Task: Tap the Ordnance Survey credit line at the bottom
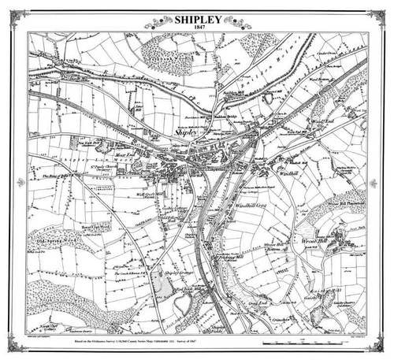point(138,343)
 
